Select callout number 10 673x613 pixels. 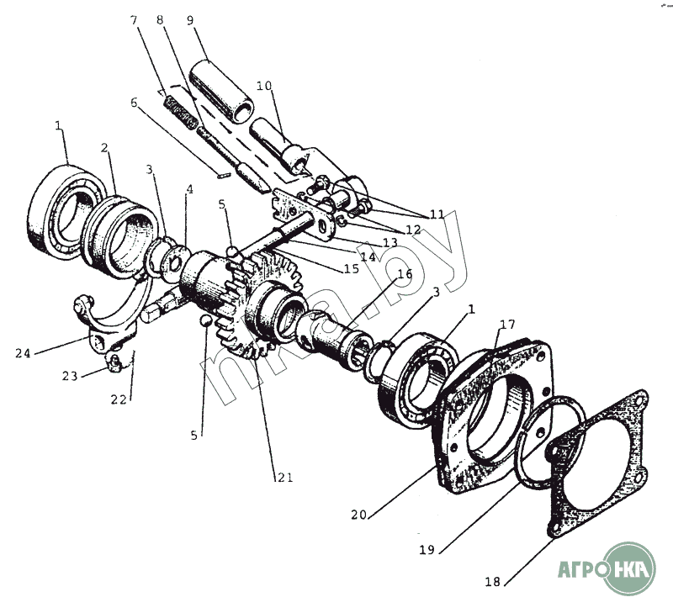pyautogui.click(x=265, y=86)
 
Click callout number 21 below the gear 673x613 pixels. pyautogui.click(x=285, y=478)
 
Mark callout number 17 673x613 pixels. pyautogui.click(x=508, y=325)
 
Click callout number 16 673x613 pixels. pyautogui.click(x=404, y=274)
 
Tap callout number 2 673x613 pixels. pyautogui.click(x=104, y=149)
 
